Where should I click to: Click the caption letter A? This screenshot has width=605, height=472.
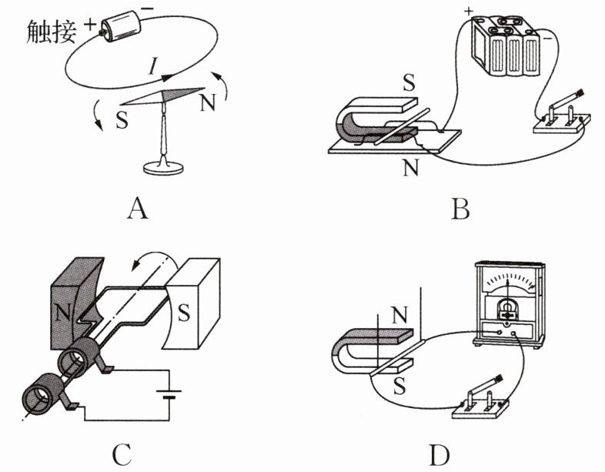136,206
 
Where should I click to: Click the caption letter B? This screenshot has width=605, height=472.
460,206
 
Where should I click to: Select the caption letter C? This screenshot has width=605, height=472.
121,455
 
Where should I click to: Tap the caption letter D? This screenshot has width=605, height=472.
439,455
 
